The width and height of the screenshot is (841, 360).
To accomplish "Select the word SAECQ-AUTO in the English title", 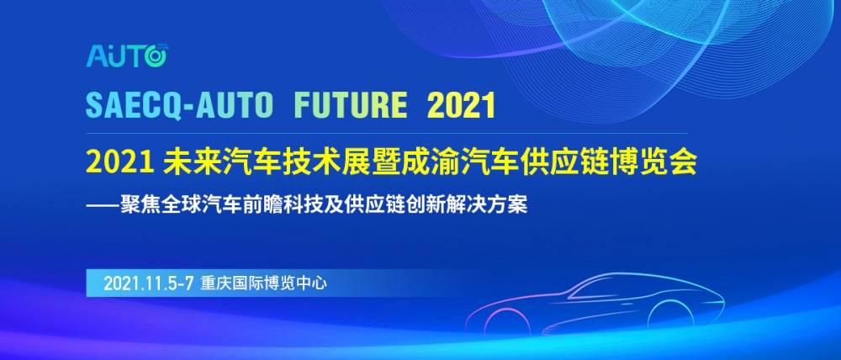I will [180, 107].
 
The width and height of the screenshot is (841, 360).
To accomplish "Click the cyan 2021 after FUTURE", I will [462, 107].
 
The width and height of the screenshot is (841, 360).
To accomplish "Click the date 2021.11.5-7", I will [149, 283].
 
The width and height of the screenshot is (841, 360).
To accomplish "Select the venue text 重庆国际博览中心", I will [263, 283].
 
